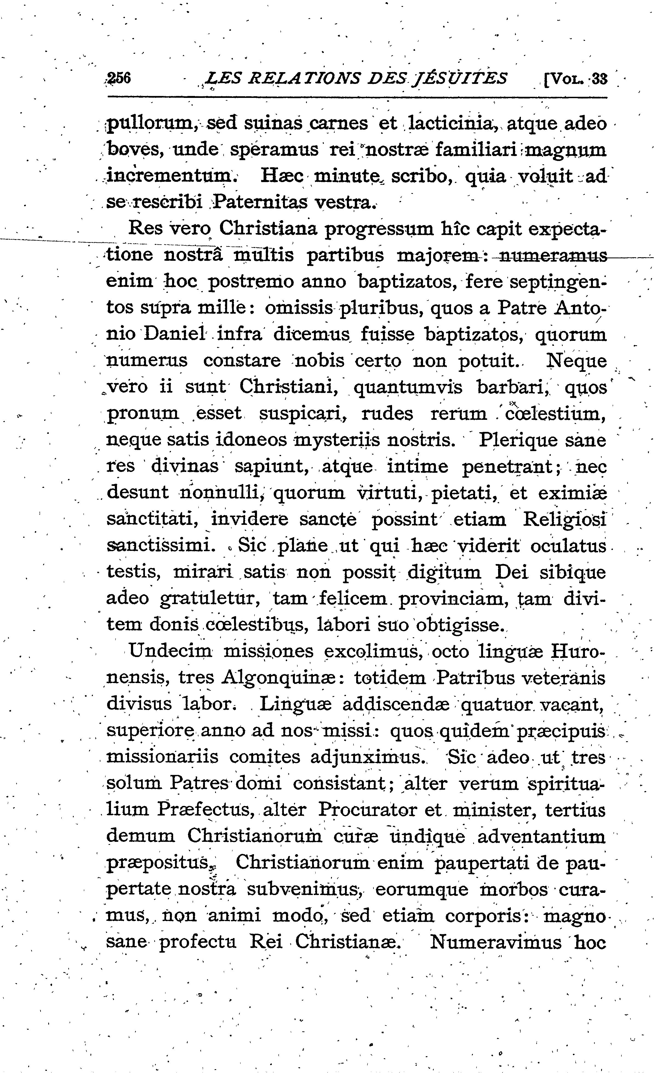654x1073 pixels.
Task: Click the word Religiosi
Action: coord(564,520)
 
